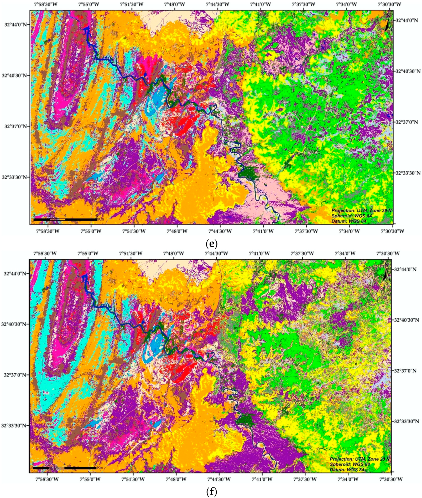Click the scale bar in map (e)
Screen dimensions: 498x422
pyautogui.click(x=65, y=219)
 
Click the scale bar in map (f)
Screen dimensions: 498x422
pyautogui.click(x=64, y=468)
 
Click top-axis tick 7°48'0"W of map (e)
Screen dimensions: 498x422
pyautogui.click(x=174, y=4)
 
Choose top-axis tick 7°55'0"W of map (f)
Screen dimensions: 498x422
pyautogui.click(x=88, y=253)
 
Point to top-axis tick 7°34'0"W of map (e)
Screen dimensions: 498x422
pyautogui.click(x=347, y=4)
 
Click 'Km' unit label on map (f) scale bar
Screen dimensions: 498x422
pyautogui.click(x=100, y=468)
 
